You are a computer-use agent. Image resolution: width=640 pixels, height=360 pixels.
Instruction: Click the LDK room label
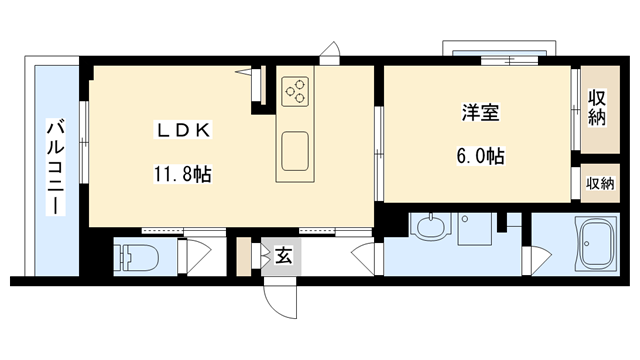pyautogui.click(x=181, y=129)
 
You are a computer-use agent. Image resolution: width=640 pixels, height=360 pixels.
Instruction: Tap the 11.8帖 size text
pyautogui.click(x=181, y=172)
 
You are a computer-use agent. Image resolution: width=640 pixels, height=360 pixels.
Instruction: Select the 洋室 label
pyautogui.click(x=474, y=113)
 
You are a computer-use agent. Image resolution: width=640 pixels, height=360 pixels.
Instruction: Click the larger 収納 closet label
pyautogui.click(x=598, y=109)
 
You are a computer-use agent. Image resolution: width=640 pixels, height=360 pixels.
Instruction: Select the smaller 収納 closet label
pyautogui.click(x=599, y=183)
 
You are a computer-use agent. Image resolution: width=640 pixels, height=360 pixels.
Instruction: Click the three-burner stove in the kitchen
pyautogui.click(x=296, y=93)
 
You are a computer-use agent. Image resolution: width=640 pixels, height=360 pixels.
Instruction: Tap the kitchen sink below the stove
pyautogui.click(x=296, y=152)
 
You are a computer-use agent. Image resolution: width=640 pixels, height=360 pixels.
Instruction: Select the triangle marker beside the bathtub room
pyautogui.click(x=542, y=262)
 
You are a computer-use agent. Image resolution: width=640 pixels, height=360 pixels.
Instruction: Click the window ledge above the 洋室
pyautogui.click(x=497, y=49)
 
